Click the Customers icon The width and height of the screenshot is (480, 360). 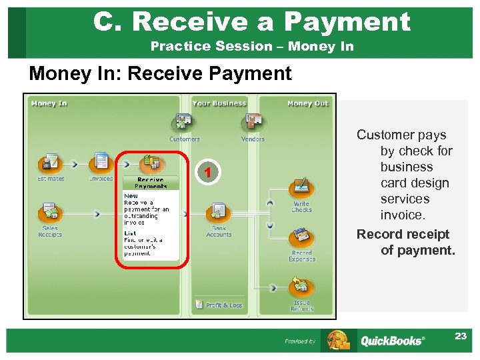tap(183, 123)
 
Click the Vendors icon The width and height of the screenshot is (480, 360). tap(253, 123)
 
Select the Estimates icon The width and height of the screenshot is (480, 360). tap(51, 162)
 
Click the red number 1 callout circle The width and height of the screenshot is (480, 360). tap(209, 173)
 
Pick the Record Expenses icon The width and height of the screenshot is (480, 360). tap(301, 237)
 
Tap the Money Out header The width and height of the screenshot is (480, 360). tap(307, 103)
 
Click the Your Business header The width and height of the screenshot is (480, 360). tap(219, 103)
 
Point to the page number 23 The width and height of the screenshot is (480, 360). tap(461, 336)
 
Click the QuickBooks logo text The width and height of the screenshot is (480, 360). tap(391, 341)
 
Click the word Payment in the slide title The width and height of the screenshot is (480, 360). tap(347, 21)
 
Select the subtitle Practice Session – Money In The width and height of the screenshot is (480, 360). tap(252, 46)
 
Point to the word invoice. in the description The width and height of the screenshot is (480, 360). tap(403, 215)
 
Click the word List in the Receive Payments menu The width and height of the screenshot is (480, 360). tap(130, 233)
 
